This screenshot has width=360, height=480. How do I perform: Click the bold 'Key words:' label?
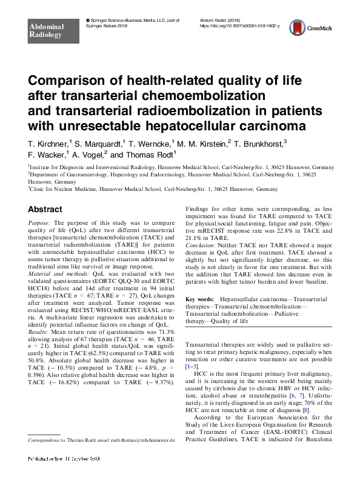[199, 299]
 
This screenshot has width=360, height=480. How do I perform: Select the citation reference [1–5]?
[193, 367]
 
